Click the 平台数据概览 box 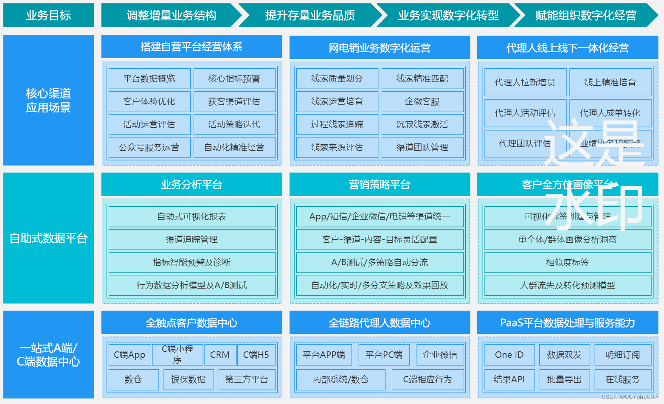(x=149, y=79)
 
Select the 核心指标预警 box (x=234, y=79)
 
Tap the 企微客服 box (x=422, y=101)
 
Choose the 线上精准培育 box (x=610, y=82)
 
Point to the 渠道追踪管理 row (x=192, y=239)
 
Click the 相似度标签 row (x=568, y=262)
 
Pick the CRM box (x=220, y=355)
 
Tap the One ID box (x=509, y=355)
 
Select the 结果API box (x=509, y=379)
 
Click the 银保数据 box (x=189, y=379)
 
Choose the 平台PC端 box (x=384, y=355)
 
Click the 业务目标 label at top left (x=48, y=15)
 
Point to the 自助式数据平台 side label (x=48, y=238)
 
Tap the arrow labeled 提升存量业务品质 (x=310, y=15)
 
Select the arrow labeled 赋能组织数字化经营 (x=586, y=15)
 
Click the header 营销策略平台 (x=380, y=185)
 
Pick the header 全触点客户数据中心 (x=191, y=323)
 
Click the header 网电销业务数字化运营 (x=380, y=48)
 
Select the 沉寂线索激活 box (x=422, y=124)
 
